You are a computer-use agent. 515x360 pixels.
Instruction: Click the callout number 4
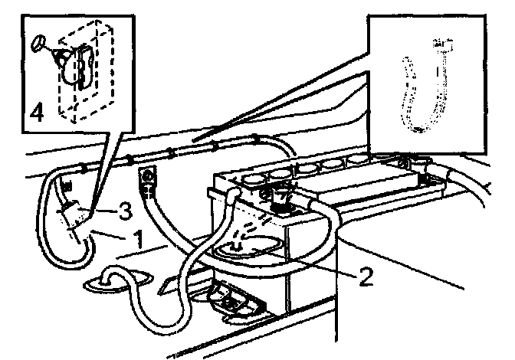[x=36, y=113]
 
